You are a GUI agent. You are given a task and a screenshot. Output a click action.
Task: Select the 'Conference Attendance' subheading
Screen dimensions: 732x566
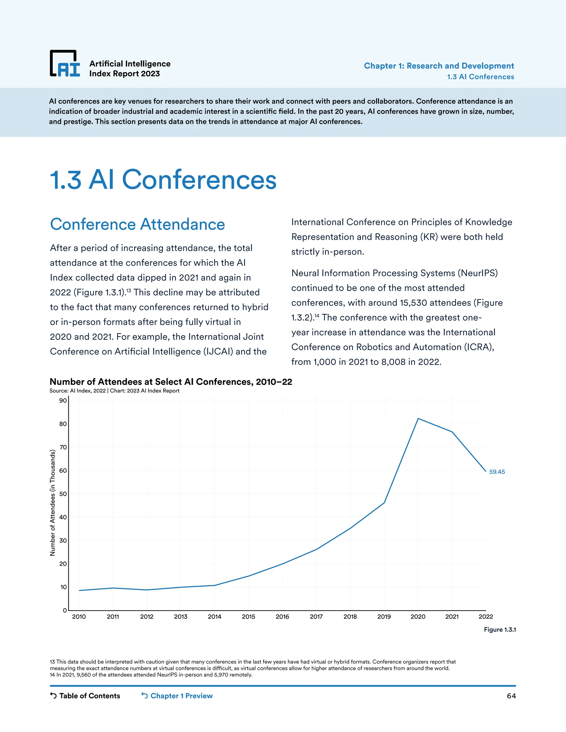[137, 224]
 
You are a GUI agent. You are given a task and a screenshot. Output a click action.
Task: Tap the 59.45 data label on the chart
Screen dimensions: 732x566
[497, 472]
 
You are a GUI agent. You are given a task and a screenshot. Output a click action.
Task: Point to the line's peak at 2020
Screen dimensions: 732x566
[418, 418]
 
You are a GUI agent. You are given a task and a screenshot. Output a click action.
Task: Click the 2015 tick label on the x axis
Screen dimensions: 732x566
[248, 617]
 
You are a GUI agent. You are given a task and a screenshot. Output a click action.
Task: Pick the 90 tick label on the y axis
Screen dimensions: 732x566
[63, 401]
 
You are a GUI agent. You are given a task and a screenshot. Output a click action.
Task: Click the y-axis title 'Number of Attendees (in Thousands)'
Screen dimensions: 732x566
[52, 503]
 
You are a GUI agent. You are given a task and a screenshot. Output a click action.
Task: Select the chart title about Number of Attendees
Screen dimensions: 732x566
[171, 382]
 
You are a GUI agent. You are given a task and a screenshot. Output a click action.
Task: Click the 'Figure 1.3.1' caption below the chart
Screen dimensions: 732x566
[500, 630]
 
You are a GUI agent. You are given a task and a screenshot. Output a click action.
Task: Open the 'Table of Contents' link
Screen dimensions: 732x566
[89, 696]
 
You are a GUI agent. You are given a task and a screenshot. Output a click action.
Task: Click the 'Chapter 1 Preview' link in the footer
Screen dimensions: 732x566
[181, 696]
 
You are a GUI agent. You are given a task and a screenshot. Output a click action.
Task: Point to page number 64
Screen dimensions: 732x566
[511, 696]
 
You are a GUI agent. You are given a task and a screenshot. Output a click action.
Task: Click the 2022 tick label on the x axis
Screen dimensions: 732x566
[486, 617]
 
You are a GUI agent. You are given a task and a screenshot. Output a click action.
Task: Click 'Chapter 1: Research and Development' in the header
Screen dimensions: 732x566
[439, 66]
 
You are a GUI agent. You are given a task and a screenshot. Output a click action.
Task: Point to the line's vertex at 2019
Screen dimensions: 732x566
[384, 503]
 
